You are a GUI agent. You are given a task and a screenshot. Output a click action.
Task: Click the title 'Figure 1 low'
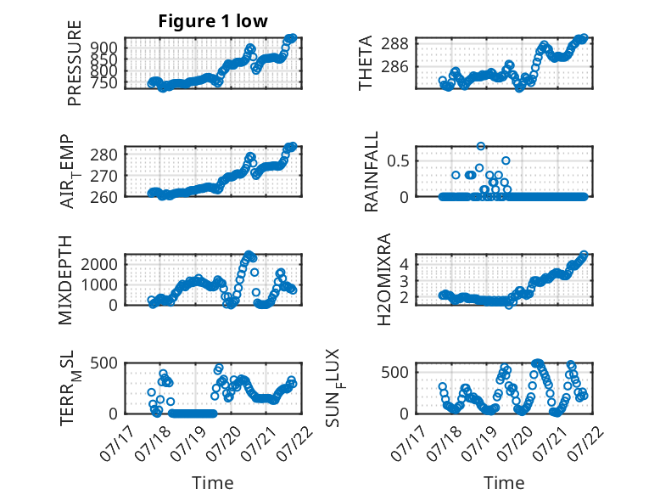coord(213,21)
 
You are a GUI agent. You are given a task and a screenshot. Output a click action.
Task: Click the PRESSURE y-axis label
coord(74,63)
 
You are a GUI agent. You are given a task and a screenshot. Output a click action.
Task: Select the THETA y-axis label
coord(366,63)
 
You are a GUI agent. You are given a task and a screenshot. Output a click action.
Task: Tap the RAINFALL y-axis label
coord(372,172)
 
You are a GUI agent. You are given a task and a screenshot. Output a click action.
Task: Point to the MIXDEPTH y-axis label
coord(65,280)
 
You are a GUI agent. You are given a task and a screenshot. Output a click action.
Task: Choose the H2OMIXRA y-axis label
coord(384,279)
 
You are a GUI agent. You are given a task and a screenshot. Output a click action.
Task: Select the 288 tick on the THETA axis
coord(394,43)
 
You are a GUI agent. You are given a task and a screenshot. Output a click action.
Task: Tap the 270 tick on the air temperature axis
coord(103,176)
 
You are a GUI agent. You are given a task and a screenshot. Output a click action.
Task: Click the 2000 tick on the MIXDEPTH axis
coord(99,264)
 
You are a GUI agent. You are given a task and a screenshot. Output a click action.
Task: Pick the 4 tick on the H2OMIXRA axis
coord(404,264)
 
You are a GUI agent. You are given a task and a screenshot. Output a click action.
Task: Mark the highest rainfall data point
coord(481,146)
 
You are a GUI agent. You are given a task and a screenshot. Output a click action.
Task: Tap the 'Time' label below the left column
coord(213,483)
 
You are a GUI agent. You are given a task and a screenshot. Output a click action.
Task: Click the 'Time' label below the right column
coord(504,483)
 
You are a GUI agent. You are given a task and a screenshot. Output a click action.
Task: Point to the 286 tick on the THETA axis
coord(394,66)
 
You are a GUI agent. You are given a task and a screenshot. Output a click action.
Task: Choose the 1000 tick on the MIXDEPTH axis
coord(99,284)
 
